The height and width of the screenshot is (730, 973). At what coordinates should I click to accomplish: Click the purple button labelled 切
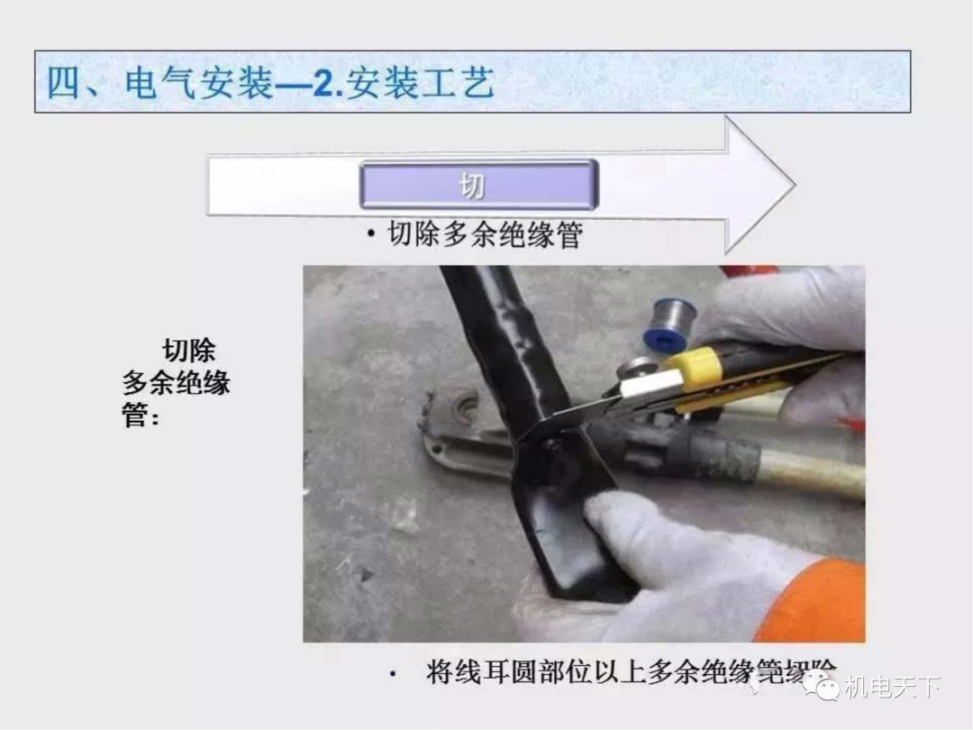click(477, 185)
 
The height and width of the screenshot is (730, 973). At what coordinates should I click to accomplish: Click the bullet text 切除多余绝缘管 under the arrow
click(485, 235)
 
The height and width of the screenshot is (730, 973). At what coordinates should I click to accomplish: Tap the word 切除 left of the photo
click(188, 350)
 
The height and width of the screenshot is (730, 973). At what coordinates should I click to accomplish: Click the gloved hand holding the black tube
click(685, 559)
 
